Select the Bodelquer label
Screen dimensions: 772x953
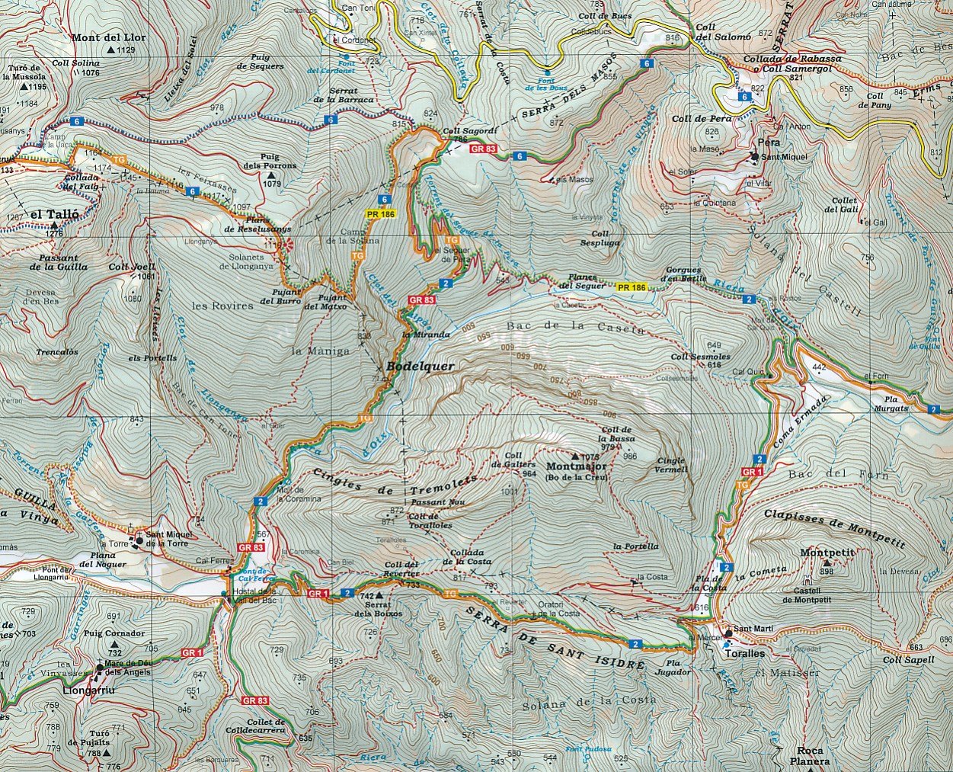(420, 367)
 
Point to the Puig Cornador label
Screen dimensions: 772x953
(114, 633)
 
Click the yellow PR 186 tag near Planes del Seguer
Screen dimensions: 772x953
(631, 287)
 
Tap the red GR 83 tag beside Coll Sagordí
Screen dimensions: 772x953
(484, 149)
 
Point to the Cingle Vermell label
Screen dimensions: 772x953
(671, 465)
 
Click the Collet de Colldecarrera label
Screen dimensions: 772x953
(266, 726)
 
